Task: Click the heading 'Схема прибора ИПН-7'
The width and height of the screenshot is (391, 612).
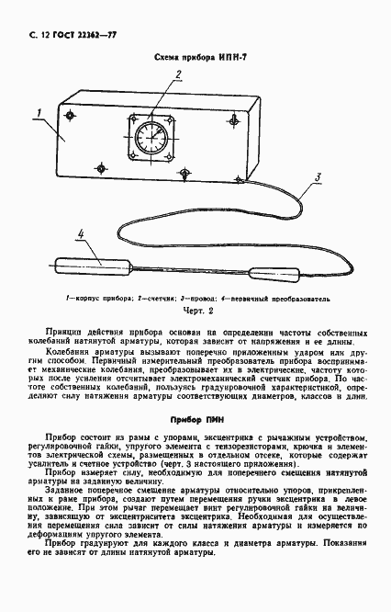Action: point(195,58)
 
